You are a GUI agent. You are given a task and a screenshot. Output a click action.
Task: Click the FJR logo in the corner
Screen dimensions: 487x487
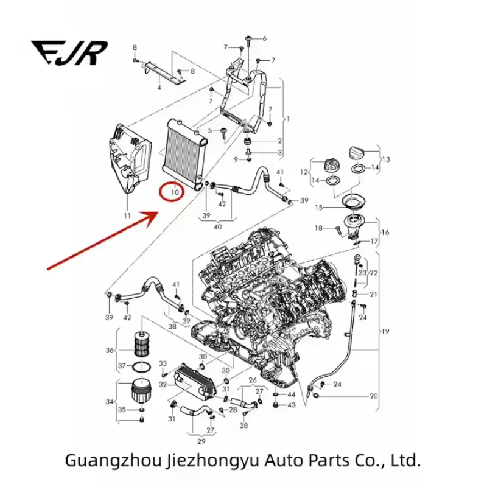click(71, 52)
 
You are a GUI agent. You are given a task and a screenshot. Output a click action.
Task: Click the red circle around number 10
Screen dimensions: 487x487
click(174, 192)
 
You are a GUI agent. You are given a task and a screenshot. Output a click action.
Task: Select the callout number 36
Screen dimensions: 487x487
click(110, 350)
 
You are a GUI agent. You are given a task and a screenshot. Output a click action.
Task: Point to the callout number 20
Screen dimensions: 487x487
click(374, 396)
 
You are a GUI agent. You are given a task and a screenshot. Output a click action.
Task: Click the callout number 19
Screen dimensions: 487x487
click(385, 331)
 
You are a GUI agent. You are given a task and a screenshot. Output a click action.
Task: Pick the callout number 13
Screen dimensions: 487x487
click(386, 159)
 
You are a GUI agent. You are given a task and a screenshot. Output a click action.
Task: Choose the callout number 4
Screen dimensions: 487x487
click(159, 88)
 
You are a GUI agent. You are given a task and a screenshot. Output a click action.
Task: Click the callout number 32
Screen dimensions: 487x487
click(163, 385)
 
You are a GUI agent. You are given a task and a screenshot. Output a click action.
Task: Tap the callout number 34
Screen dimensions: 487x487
click(110, 402)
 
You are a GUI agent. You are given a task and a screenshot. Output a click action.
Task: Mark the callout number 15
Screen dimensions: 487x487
click(318, 208)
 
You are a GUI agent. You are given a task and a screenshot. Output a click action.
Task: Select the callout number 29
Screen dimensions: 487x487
click(201, 441)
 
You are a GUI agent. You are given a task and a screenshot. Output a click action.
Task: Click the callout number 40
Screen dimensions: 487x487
click(218, 227)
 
